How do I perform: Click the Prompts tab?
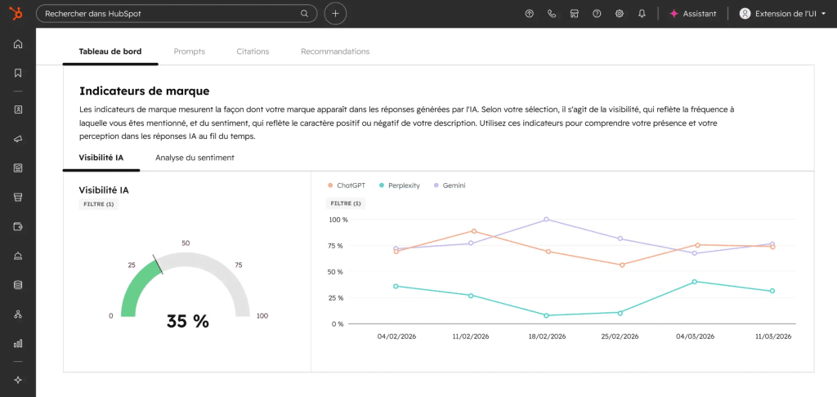pos(189,51)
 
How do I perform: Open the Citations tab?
pos(253,51)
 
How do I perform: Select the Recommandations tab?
pos(335,51)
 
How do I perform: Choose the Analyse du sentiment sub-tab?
pos(195,158)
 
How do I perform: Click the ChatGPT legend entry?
pos(346,185)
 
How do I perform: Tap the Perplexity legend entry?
pos(399,185)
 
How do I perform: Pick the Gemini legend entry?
pos(450,185)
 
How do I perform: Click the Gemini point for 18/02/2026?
pos(546,219)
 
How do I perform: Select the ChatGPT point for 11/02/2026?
pos(473,231)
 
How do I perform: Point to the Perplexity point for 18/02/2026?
pos(546,315)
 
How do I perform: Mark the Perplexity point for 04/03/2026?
pos(695,281)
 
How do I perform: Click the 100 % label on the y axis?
pos(338,220)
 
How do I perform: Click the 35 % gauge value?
pos(187,321)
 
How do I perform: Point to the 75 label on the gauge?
pos(239,265)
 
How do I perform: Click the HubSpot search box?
pos(177,14)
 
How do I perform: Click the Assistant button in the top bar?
pos(693,14)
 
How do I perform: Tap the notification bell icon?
pos(642,14)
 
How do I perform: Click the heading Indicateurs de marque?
pos(144,91)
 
